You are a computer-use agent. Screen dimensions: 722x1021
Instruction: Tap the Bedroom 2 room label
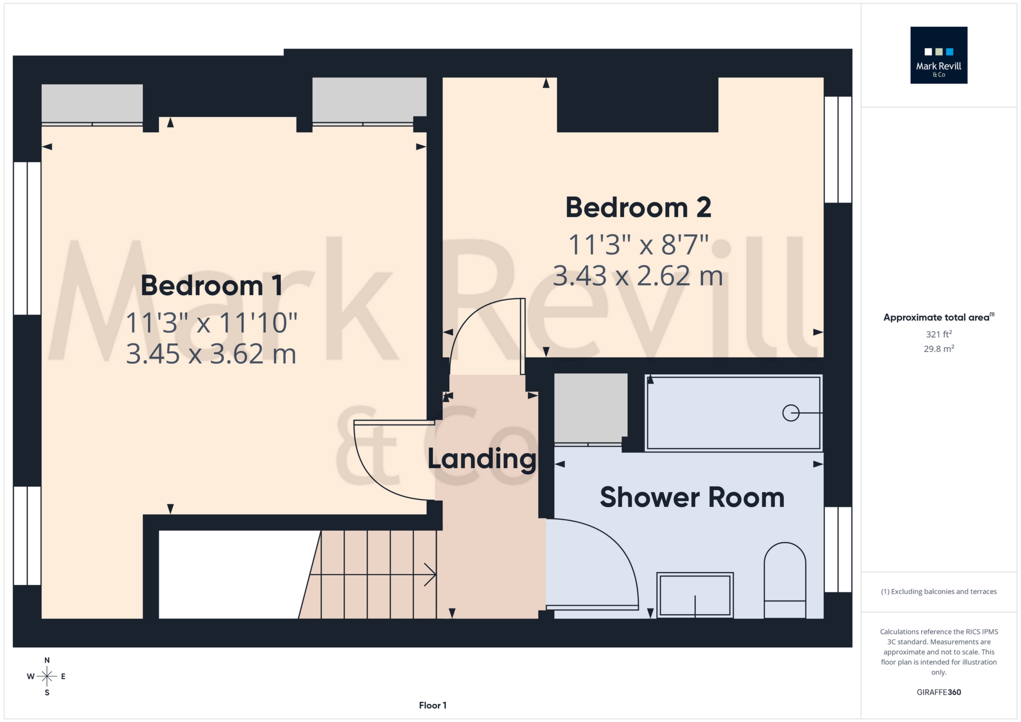pos(638,208)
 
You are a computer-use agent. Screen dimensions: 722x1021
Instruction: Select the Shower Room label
pos(692,497)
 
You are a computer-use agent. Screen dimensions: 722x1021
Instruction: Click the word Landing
pos(482,459)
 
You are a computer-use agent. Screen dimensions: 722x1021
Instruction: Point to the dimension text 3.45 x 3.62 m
pos(211,354)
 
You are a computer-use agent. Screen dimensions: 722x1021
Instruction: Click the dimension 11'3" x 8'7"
pos(638,245)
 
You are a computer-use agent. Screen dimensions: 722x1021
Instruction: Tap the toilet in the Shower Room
pos(785,579)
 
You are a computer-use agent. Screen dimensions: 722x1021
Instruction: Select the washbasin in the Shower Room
pos(695,595)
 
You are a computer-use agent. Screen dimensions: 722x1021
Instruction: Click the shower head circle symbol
pos(790,413)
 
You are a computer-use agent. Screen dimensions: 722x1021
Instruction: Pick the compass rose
pos(46,676)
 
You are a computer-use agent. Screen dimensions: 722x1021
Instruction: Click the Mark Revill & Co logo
pos(938,55)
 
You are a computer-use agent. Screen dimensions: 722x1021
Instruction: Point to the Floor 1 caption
pos(433,705)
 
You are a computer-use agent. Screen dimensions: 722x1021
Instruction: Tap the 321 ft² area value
pos(938,334)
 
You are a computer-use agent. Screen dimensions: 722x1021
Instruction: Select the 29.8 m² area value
pos(938,349)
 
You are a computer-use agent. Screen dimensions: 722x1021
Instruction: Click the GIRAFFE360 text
pos(938,692)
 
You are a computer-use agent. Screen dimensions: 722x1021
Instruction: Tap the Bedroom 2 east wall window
pos(837,150)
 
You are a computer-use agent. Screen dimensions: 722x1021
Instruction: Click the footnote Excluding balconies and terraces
pos(938,592)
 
